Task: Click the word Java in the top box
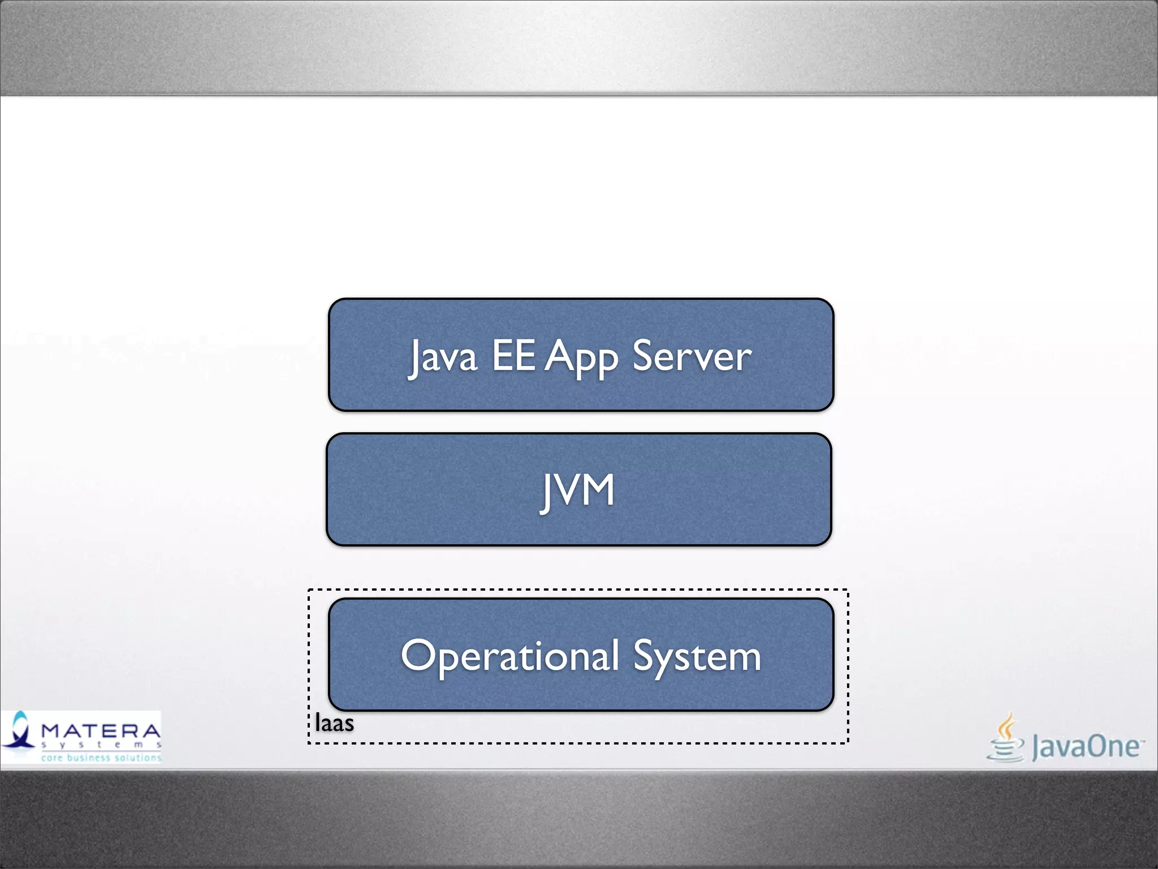(x=443, y=356)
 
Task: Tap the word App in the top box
(x=581, y=358)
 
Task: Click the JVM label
(x=577, y=491)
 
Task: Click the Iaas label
(x=334, y=724)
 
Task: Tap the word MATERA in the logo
(x=101, y=731)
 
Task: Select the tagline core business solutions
(x=101, y=758)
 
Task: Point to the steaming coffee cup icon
(x=1005, y=738)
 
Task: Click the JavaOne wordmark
(x=1086, y=747)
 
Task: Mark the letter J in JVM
(x=546, y=492)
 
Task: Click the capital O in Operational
(x=418, y=655)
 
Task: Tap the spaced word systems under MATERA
(x=101, y=745)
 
